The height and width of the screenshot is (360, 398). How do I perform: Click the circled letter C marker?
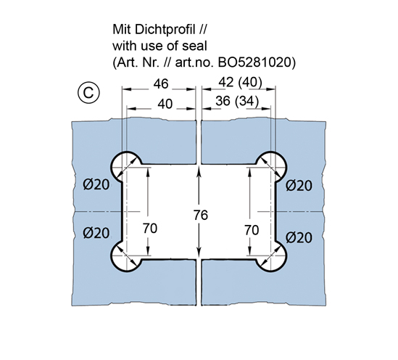click(88, 93)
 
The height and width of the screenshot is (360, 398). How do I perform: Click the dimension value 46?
click(161, 84)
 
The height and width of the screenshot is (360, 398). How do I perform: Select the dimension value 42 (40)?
click(240, 82)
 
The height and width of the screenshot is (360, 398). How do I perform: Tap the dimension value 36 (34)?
click(237, 101)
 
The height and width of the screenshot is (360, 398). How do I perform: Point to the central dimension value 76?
click(201, 215)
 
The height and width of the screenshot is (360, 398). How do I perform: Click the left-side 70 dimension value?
click(150, 228)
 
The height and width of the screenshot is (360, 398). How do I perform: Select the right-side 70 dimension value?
click(252, 230)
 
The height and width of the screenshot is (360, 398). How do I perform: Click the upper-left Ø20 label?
click(96, 184)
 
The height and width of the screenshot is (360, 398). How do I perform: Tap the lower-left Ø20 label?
click(96, 232)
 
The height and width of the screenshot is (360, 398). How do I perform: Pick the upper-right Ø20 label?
click(299, 186)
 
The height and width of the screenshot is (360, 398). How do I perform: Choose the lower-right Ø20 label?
click(299, 237)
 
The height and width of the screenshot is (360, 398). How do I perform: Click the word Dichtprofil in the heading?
click(165, 30)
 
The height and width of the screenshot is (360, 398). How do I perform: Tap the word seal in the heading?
click(195, 46)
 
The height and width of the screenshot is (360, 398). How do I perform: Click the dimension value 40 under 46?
click(165, 104)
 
